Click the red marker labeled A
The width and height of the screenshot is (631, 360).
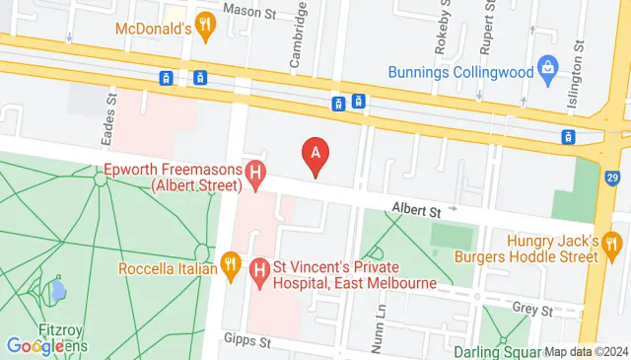click(315, 155)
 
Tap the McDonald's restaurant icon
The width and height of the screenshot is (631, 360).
click(205, 28)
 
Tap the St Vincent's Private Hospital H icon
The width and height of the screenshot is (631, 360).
click(259, 268)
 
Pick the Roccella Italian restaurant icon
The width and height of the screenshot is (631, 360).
click(231, 263)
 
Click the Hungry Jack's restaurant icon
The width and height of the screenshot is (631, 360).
click(611, 242)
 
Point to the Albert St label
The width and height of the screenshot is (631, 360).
click(414, 209)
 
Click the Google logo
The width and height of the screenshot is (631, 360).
click(44, 345)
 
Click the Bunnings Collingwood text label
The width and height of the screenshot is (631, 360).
click(460, 71)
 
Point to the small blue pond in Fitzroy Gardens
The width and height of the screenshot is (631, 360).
click(58, 291)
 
